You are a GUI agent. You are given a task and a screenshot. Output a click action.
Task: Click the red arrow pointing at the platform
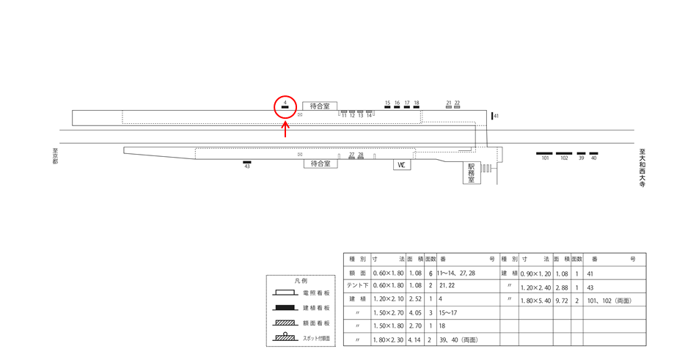tap(285, 129)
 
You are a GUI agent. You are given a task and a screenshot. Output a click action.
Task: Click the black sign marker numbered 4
tap(285, 107)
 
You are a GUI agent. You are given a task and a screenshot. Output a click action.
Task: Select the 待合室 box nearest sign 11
tap(320, 106)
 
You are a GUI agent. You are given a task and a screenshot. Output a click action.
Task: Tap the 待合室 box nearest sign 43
tap(320, 164)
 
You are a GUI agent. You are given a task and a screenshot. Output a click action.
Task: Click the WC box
tap(402, 164)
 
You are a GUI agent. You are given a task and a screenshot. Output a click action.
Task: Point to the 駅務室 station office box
tap(472, 173)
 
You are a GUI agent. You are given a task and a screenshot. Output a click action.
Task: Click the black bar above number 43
tap(247, 162)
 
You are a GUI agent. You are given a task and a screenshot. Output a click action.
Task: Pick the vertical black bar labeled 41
tap(492, 116)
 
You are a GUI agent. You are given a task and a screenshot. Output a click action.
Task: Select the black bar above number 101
tap(544, 153)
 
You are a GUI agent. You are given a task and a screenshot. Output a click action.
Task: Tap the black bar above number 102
tap(564, 153)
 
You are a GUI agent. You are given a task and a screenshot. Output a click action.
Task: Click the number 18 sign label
tap(416, 103)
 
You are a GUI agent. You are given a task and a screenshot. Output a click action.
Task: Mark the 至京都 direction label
tap(55, 156)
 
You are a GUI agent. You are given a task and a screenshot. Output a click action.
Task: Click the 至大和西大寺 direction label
tap(642, 168)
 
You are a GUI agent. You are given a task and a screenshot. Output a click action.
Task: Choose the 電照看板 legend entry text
tap(316, 293)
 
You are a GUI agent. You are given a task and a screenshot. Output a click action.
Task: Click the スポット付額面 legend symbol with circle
tap(285, 337)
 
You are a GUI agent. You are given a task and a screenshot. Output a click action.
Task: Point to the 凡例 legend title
tap(301, 281)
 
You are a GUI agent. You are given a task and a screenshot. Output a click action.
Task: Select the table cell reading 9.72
tap(561, 301)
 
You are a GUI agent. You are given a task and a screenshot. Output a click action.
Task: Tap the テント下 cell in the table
tap(357, 285)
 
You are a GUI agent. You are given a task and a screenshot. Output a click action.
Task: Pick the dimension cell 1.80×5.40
tap(535, 301)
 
